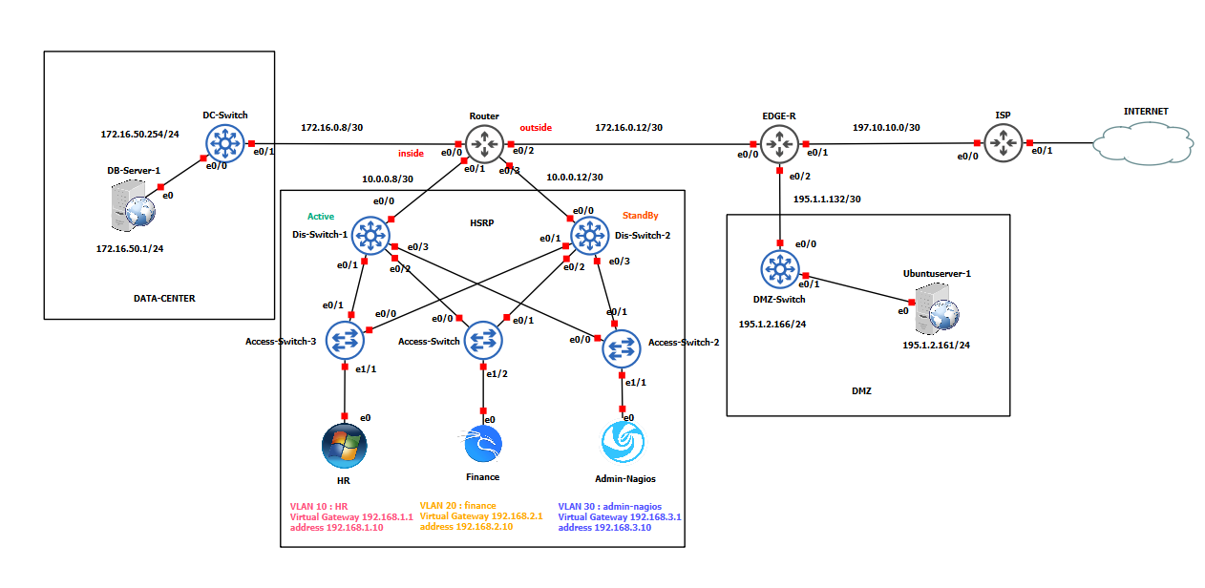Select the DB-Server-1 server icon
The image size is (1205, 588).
click(133, 207)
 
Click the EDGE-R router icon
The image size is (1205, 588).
click(780, 144)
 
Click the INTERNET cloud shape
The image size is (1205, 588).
click(1144, 142)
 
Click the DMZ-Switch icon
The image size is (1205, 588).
click(780, 270)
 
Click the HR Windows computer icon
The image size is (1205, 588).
click(344, 444)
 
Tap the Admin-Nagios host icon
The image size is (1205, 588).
click(623, 443)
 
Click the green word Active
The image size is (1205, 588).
click(321, 217)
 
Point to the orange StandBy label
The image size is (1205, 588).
click(640, 216)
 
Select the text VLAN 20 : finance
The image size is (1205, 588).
click(457, 506)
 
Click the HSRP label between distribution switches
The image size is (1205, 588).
click(481, 221)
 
